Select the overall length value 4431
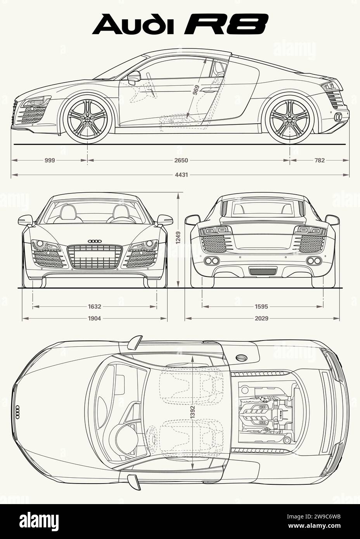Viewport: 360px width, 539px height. click(x=181, y=175)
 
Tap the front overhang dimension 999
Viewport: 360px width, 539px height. click(x=49, y=160)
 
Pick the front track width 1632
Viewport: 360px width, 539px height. click(x=94, y=306)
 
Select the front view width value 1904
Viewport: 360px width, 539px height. click(x=94, y=318)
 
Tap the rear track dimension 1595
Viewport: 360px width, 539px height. click(x=261, y=306)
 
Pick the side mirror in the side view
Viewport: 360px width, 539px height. click(x=134, y=76)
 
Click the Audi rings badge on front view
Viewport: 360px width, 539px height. click(x=94, y=241)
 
